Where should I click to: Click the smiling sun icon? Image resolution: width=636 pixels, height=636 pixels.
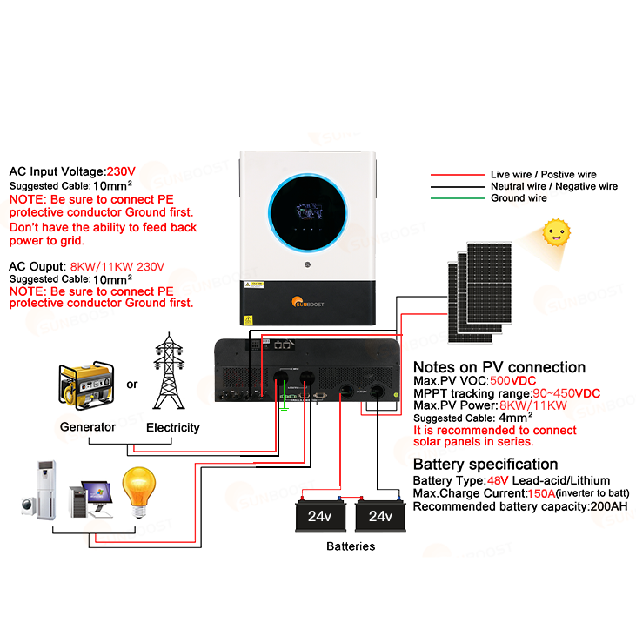click(x=555, y=232)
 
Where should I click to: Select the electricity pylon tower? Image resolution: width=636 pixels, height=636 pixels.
click(x=171, y=372)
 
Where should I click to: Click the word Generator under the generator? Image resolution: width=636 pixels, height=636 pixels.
click(x=88, y=427)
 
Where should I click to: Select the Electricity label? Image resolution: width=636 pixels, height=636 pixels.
click(x=172, y=427)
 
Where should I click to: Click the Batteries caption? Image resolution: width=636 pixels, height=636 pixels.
click(x=351, y=546)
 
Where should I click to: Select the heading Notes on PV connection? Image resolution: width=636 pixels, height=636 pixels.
click(x=499, y=367)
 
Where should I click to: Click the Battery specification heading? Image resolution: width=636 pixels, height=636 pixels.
click(x=485, y=464)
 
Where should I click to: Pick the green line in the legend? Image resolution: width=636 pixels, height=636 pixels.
click(x=458, y=198)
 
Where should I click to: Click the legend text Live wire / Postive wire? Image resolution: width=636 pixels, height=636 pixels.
click(x=544, y=175)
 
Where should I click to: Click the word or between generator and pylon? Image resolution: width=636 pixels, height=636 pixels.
click(x=131, y=385)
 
